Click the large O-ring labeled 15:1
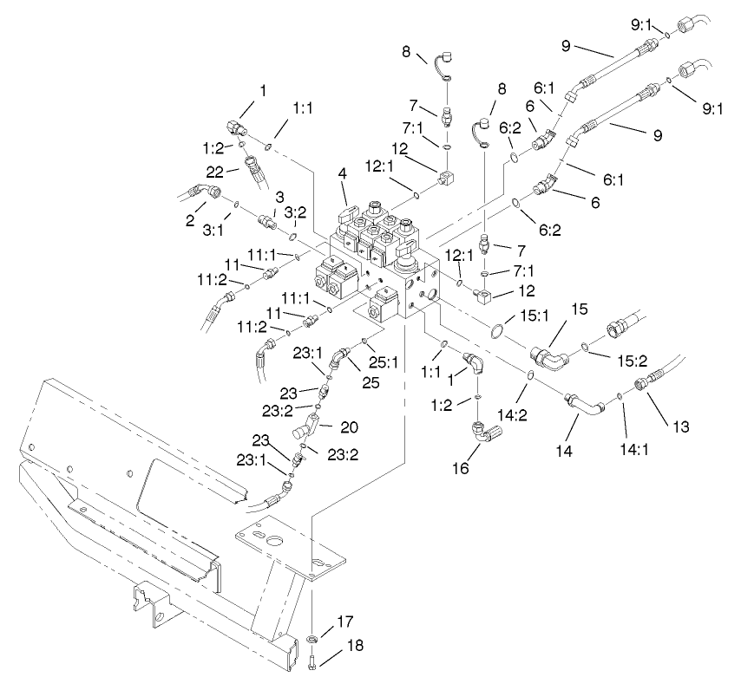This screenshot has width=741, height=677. click(x=498, y=332)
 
